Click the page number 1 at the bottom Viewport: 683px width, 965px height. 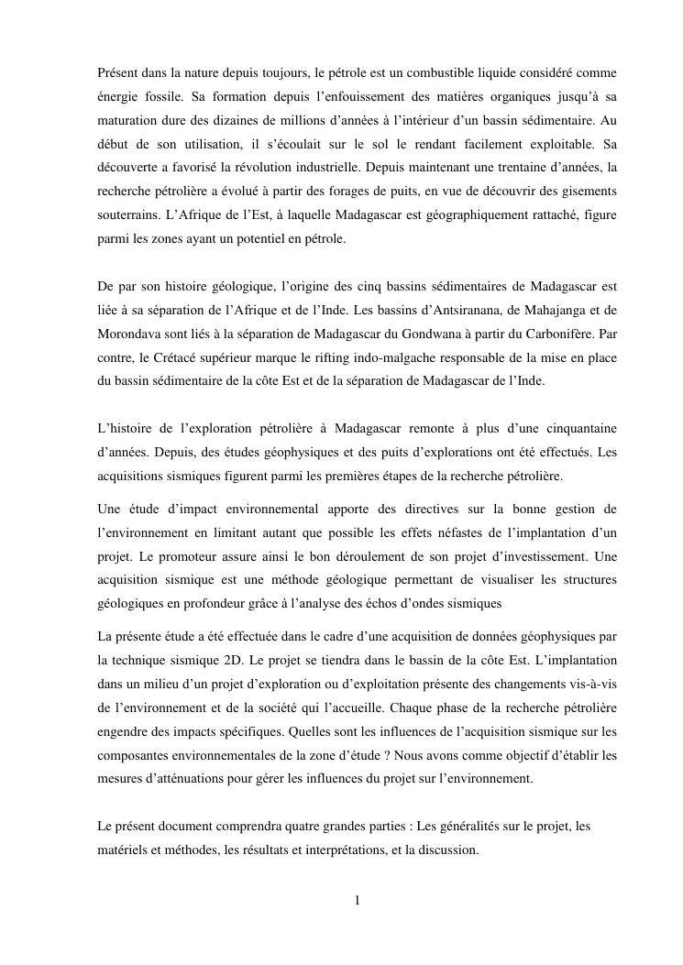[358, 900]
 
